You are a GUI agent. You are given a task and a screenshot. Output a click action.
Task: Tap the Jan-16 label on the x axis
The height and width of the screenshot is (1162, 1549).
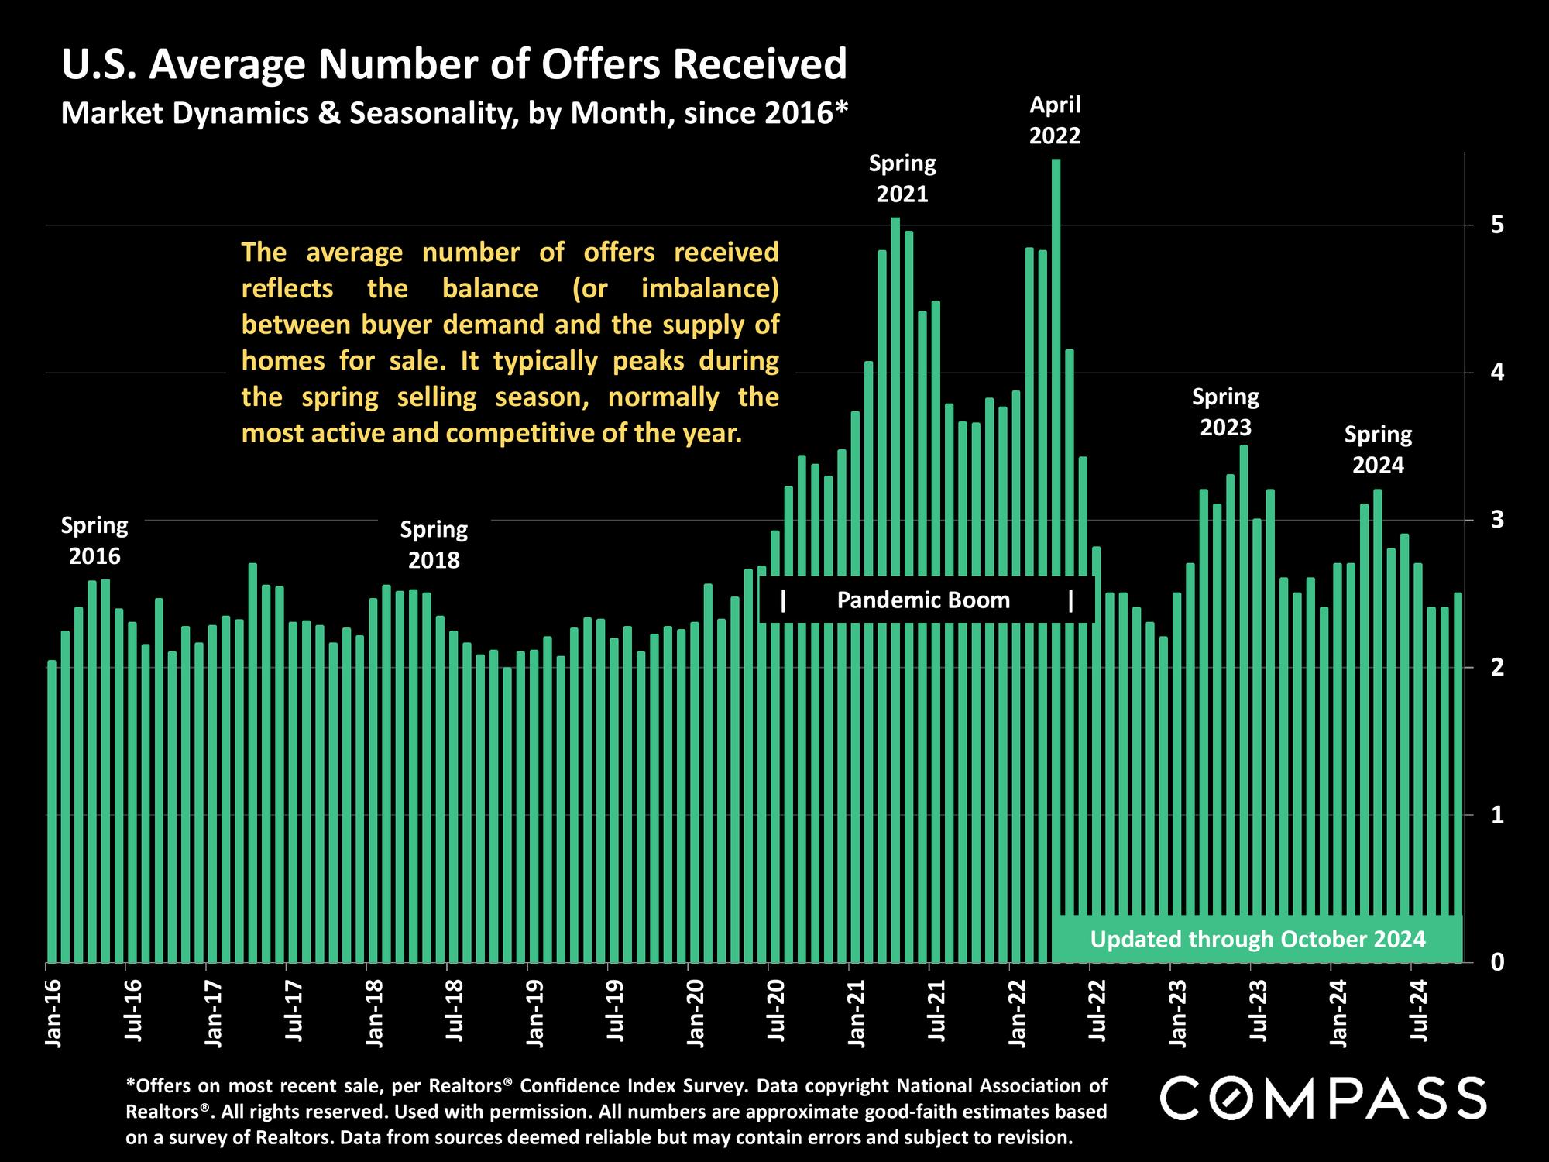(53, 1013)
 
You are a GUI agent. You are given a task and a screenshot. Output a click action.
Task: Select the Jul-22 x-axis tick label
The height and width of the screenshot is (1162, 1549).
(1097, 1013)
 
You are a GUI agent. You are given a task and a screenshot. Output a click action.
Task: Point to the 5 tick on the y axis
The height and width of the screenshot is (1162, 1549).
(1496, 225)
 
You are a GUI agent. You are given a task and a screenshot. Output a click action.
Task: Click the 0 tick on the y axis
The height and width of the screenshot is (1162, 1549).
(1496, 962)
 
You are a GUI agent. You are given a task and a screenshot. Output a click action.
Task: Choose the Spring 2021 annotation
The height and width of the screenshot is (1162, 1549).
(902, 178)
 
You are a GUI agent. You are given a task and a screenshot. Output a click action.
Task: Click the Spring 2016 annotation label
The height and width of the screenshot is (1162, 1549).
(94, 541)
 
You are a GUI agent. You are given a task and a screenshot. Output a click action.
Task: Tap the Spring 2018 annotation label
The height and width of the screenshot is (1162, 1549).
(434, 545)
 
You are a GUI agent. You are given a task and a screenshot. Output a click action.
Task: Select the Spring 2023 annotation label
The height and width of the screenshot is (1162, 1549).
(1225, 412)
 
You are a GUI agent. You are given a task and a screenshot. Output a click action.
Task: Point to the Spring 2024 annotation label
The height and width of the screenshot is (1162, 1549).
(1378, 450)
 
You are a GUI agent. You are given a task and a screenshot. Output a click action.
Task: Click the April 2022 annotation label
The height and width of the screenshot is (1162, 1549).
(1055, 120)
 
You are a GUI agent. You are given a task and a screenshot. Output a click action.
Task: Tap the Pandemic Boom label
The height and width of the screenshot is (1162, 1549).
(923, 600)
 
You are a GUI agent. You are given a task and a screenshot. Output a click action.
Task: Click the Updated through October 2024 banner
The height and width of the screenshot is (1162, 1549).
(1258, 940)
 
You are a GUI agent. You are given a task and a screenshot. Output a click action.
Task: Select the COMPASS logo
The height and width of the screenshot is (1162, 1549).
(1323, 1098)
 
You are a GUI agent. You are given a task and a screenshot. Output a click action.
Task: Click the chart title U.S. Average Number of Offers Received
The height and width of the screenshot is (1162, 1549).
(454, 64)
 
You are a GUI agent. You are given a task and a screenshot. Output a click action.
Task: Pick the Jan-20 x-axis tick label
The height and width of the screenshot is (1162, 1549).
(696, 1013)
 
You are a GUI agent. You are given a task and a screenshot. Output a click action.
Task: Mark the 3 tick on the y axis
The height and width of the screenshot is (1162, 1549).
(1496, 520)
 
